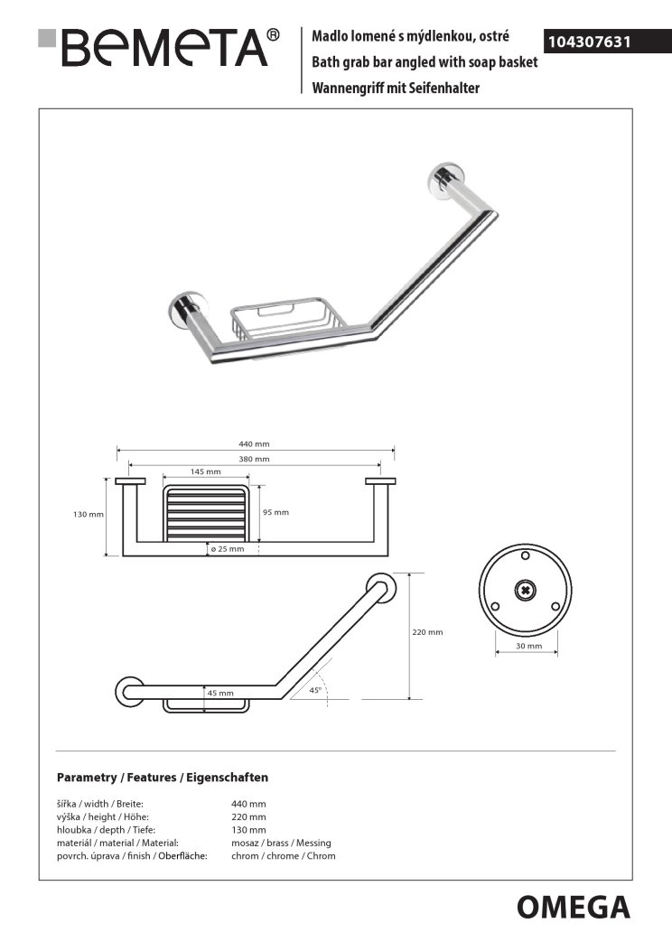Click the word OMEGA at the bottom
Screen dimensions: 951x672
[x=573, y=906]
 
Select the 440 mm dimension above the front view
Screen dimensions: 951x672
[x=255, y=444]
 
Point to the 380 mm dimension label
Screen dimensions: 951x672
[x=255, y=460]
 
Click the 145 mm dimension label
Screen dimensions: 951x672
[x=206, y=471]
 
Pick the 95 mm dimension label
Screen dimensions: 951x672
[x=276, y=512]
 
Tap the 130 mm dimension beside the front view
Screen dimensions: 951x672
[x=89, y=514]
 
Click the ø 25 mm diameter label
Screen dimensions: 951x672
[x=227, y=548]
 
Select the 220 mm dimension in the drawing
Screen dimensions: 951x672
[x=428, y=632]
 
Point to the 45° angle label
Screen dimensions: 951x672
[x=315, y=690]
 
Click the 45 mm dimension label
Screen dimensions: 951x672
[x=220, y=694]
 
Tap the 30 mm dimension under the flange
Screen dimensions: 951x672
[x=527, y=647]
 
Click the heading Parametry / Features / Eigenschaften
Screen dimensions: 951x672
[x=163, y=777]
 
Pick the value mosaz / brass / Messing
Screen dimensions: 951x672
[x=281, y=843]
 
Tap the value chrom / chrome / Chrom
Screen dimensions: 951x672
[x=284, y=855]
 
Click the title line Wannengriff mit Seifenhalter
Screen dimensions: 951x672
[x=394, y=88]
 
